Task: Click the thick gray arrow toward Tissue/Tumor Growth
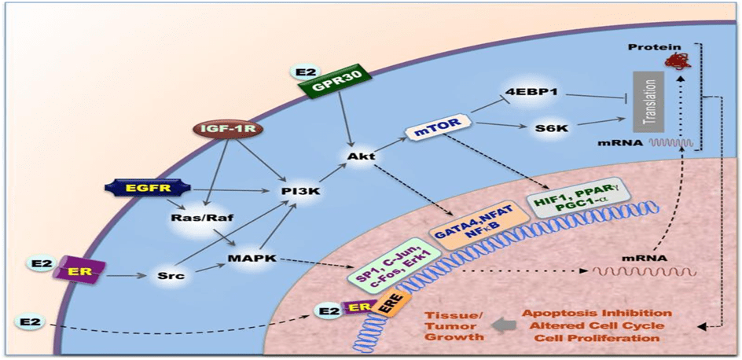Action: tap(502, 324)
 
